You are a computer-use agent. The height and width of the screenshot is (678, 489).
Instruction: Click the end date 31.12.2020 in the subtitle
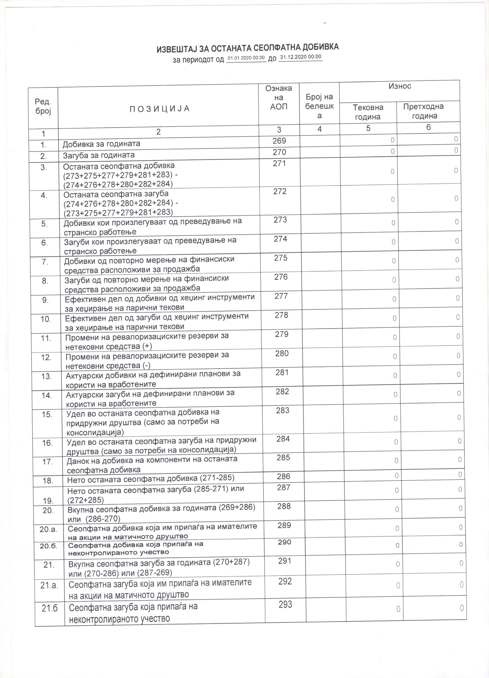coord(301,57)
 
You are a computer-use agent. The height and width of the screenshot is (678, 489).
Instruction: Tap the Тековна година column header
coord(368,112)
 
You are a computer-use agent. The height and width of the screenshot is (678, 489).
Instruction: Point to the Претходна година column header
coord(424,111)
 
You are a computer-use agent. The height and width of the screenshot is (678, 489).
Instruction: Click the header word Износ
coord(400,86)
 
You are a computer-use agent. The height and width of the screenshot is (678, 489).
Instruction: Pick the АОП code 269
coord(279,141)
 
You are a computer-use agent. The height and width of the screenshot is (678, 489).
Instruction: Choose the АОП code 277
coord(281,296)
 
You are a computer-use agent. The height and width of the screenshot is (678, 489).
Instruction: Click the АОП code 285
coord(283,458)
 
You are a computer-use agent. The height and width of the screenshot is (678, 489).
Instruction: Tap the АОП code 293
coord(285,605)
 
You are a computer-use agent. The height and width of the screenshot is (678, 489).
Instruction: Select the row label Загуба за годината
coord(99,155)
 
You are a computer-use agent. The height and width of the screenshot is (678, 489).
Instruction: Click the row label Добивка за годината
coord(101,144)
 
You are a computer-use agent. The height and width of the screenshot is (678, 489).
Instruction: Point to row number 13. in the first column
coord(46,376)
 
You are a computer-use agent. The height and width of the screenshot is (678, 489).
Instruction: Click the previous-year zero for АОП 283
coord(459,417)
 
